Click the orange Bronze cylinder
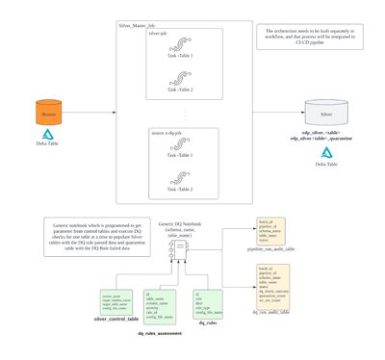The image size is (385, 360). click(47, 113)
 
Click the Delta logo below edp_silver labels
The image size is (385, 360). click(326, 153)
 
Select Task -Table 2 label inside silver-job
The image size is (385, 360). click(178, 90)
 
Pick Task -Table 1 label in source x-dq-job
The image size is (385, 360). click(178, 155)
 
